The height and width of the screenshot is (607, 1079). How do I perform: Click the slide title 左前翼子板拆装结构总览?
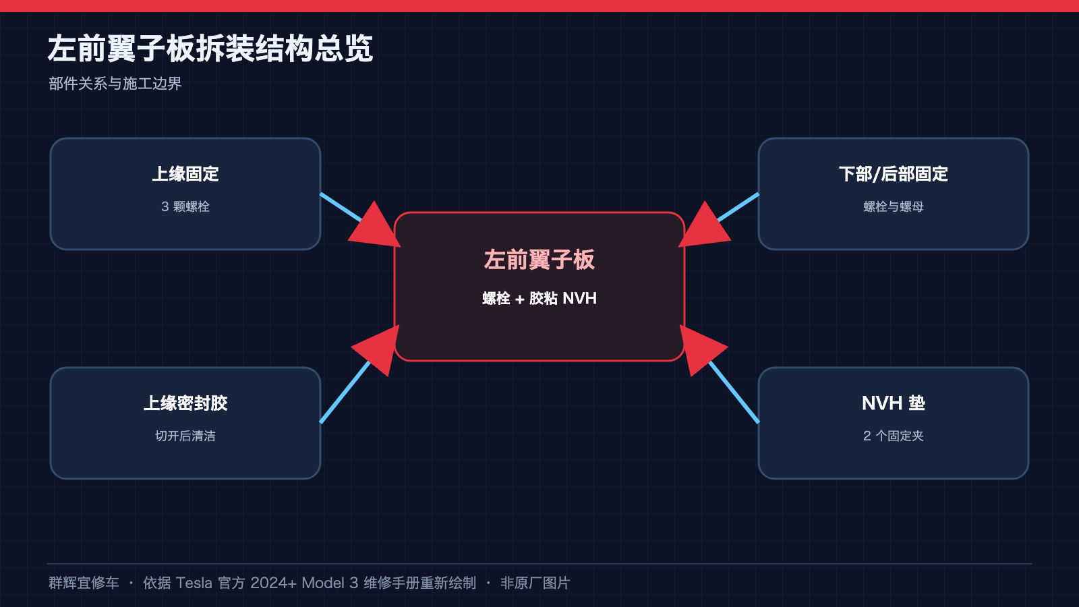coord(210,49)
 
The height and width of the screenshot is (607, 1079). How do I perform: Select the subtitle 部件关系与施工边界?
coord(115,84)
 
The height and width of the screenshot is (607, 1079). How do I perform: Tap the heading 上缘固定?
coord(185,174)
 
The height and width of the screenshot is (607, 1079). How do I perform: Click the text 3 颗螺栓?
coord(185,206)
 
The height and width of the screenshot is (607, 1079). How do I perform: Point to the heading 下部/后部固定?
coord(894,174)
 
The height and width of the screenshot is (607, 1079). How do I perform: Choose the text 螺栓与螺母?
coord(894,206)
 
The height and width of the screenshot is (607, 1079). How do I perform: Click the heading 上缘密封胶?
coord(185,403)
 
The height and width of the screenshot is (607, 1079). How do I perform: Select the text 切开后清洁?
coord(185,436)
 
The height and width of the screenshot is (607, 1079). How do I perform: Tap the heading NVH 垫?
coord(894,403)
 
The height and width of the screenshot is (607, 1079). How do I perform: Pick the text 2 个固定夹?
coord(894,436)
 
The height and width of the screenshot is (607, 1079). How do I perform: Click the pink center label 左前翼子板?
coord(539,260)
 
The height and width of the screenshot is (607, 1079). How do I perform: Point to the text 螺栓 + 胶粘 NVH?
coord(539,299)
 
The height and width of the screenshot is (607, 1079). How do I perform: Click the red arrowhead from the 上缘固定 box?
coord(375,227)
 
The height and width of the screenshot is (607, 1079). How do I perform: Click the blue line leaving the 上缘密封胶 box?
coord(345,392)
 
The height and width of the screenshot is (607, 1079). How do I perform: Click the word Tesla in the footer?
coord(194,583)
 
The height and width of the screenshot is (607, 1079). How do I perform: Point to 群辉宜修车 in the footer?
coord(84,583)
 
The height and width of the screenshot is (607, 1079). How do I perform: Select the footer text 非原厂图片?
coord(535,583)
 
